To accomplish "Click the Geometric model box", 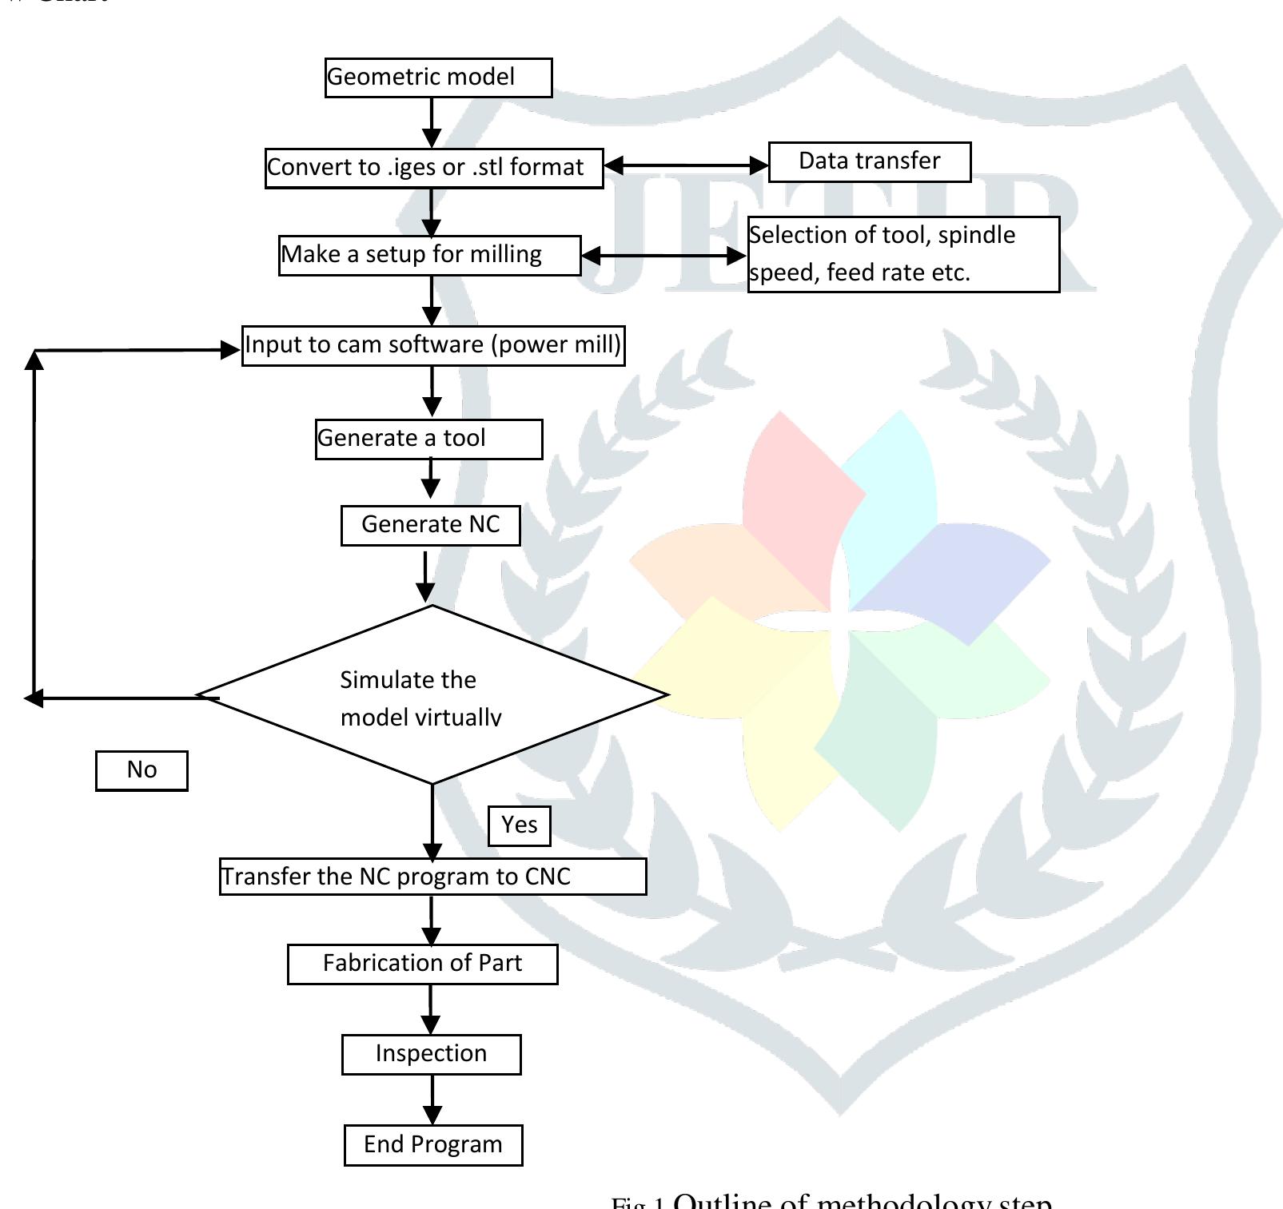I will tap(438, 78).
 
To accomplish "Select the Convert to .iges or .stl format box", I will tap(434, 168).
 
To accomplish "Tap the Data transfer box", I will tap(870, 161).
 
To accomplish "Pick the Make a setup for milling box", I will tap(429, 255).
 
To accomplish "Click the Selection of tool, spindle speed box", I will tap(903, 254).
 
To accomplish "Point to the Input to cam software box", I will tap(432, 345).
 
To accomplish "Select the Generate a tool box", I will tap(428, 439).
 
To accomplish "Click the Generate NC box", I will tap(430, 525).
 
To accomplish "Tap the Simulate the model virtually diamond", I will tap(432, 695).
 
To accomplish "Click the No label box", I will tap(141, 770).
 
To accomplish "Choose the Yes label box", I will tap(519, 825).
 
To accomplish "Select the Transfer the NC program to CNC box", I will tap(432, 877).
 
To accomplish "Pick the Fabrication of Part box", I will tap(422, 964).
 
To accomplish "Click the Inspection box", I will tap(431, 1054).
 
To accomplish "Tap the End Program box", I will tap(432, 1145).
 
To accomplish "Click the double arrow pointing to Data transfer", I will tap(686, 165).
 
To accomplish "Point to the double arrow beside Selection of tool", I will tap(663, 256).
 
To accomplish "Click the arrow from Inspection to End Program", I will tap(432, 1100).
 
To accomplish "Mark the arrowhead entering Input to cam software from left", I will tap(230, 350).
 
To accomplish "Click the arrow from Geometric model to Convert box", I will tap(432, 122).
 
